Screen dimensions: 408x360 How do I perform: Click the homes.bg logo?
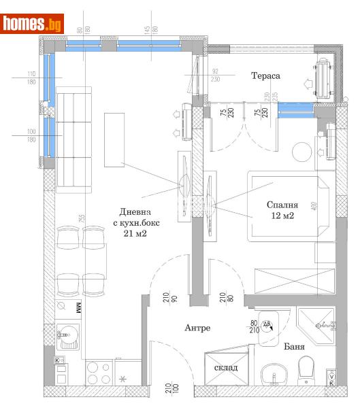click(33, 24)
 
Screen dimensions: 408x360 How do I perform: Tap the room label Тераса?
click(265, 76)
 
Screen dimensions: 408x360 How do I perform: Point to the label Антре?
click(197, 328)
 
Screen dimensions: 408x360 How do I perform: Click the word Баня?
click(294, 346)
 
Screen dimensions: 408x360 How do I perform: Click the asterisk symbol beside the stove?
click(123, 378)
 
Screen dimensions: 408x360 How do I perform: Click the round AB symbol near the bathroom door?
click(267, 325)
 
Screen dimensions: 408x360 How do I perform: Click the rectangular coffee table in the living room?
click(114, 139)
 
